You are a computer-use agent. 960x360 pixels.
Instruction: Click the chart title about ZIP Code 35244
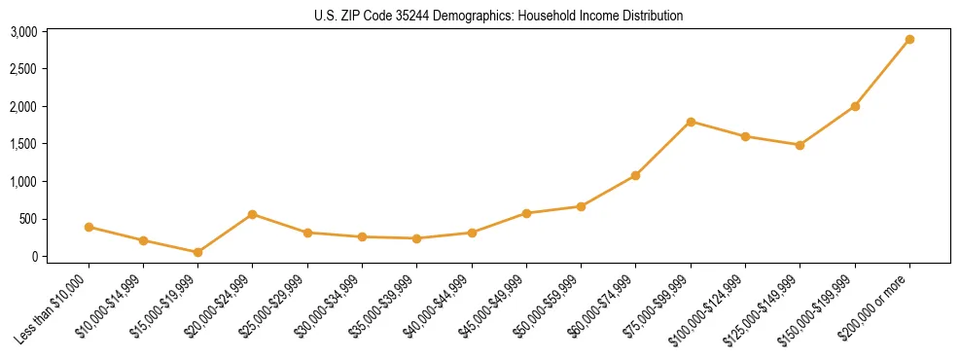[x=499, y=16]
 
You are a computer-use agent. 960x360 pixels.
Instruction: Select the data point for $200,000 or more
[x=909, y=40]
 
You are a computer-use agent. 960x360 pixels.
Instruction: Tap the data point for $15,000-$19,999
[x=197, y=252]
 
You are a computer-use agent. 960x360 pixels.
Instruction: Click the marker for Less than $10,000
[x=89, y=227]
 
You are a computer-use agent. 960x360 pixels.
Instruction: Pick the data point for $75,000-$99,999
[x=691, y=122]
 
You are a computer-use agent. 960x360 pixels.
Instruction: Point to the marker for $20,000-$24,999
[x=253, y=214]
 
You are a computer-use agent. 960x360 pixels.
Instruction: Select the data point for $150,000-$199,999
[x=855, y=106]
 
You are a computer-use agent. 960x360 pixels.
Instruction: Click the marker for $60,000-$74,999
[x=635, y=175]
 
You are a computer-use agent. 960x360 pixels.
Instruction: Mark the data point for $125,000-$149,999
[x=800, y=145]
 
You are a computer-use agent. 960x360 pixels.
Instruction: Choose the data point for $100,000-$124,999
[x=745, y=136]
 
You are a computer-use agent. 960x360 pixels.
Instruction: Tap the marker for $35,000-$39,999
[x=416, y=238]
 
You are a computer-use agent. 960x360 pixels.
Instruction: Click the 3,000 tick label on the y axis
[x=23, y=32]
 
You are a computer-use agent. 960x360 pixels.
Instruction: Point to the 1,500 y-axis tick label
[x=23, y=144]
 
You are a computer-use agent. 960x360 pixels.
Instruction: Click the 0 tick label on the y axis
[x=33, y=257]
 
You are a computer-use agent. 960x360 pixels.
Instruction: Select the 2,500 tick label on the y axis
[x=23, y=69]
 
